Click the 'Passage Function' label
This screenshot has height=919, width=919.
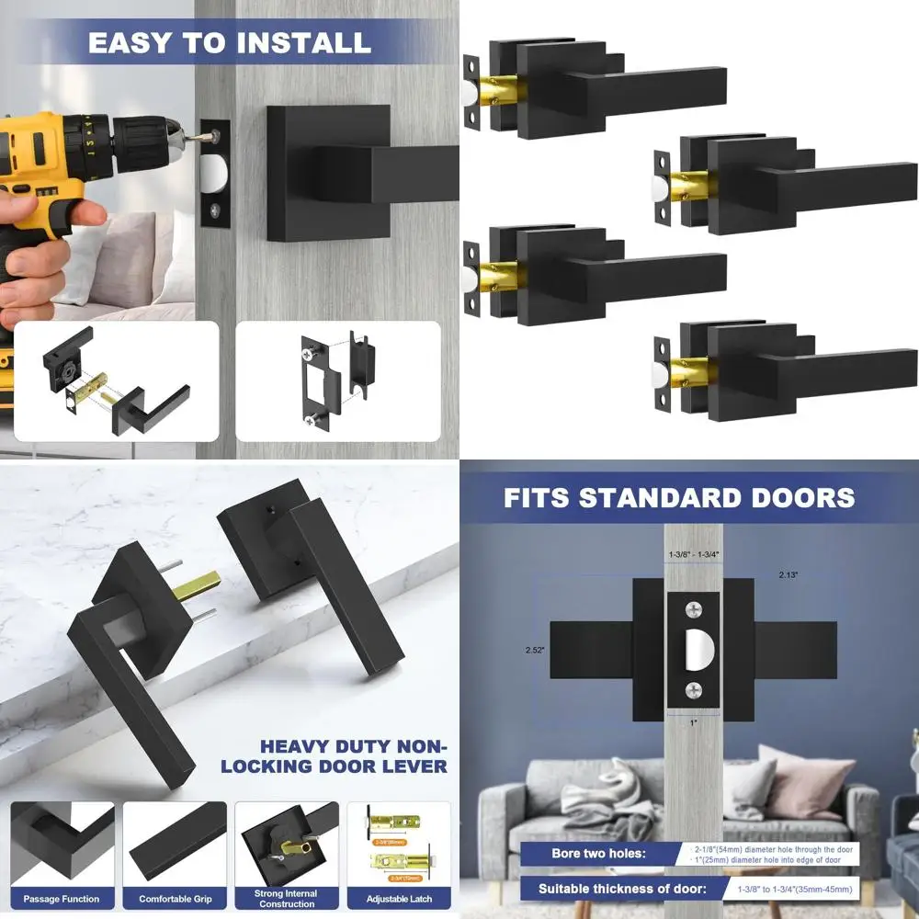(62, 898)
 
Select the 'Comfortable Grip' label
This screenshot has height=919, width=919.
(175, 898)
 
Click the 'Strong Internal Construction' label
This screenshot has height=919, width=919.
(287, 898)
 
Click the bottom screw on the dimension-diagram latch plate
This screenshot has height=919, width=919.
(695, 691)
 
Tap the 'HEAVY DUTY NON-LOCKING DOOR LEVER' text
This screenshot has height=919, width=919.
(354, 756)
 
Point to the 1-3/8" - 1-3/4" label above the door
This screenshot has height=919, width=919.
(694, 554)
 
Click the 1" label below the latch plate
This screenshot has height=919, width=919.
(695, 723)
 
